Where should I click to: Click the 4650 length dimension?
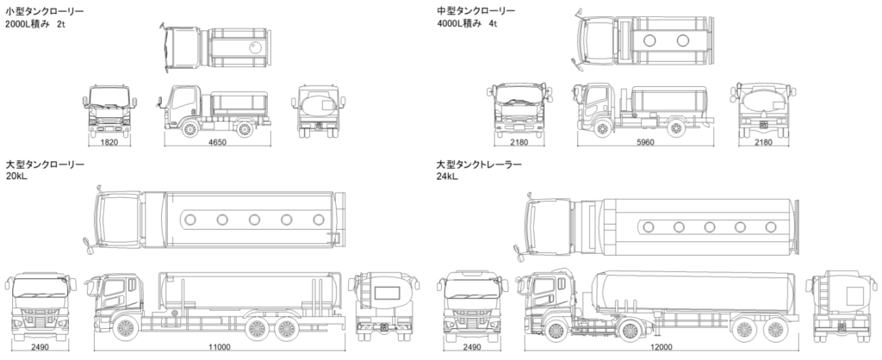216,142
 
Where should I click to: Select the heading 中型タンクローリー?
476,10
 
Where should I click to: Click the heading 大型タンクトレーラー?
481,164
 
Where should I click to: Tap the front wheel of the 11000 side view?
125,328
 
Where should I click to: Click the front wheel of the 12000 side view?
555,328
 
